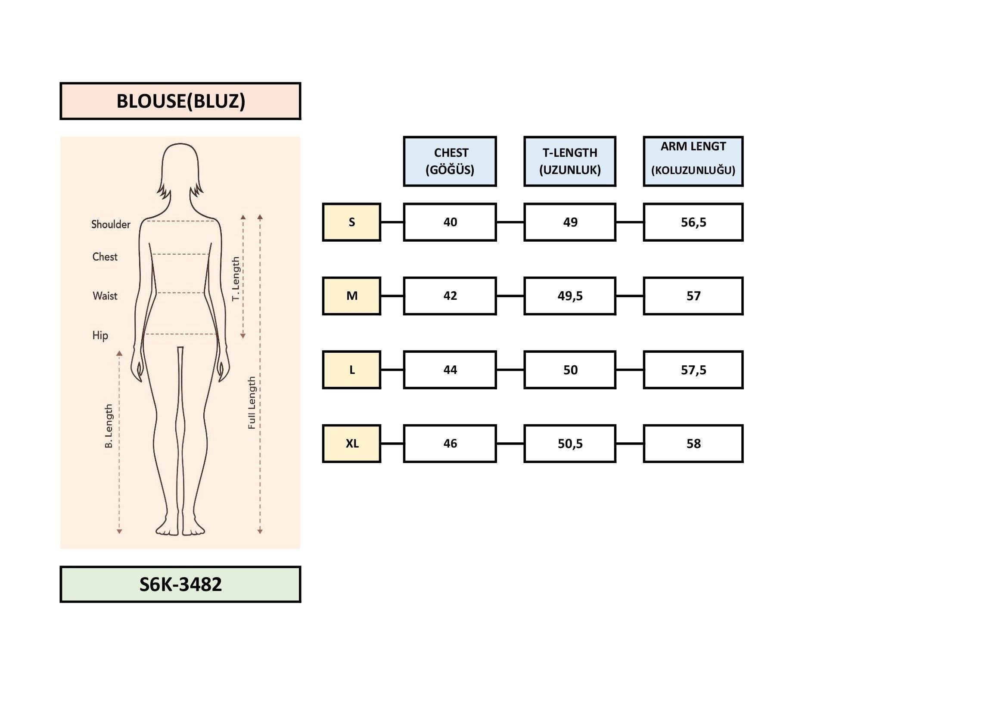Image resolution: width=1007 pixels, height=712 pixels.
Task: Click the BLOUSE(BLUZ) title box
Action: (x=180, y=101)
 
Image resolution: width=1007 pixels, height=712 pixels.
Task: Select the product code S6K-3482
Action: (x=180, y=585)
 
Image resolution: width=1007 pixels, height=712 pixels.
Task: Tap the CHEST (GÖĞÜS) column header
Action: (x=450, y=162)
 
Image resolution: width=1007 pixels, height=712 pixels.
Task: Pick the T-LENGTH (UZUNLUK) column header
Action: (x=570, y=162)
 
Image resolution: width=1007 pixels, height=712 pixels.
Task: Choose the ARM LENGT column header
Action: (x=693, y=162)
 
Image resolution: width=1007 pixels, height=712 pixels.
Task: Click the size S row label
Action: (x=351, y=222)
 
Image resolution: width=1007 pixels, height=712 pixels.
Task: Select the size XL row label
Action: (x=351, y=444)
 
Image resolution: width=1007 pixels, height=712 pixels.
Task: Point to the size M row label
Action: (x=351, y=295)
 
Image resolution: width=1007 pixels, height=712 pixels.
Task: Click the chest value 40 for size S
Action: (x=450, y=222)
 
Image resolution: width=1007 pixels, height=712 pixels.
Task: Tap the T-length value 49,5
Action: (x=570, y=295)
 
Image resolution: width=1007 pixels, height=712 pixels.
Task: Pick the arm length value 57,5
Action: (x=693, y=370)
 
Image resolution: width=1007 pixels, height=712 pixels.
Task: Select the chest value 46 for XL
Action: (x=450, y=444)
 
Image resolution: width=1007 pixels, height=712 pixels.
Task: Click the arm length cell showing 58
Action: (x=693, y=444)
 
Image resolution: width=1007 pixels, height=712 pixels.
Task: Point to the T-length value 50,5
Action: (x=570, y=444)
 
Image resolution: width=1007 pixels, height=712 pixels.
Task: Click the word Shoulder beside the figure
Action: (x=111, y=224)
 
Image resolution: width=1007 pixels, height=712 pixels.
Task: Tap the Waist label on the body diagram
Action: (x=105, y=296)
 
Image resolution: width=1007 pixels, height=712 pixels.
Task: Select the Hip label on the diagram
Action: (x=100, y=336)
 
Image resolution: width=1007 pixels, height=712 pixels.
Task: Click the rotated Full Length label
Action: (x=252, y=402)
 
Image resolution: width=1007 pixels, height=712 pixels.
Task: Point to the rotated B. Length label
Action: (x=109, y=426)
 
